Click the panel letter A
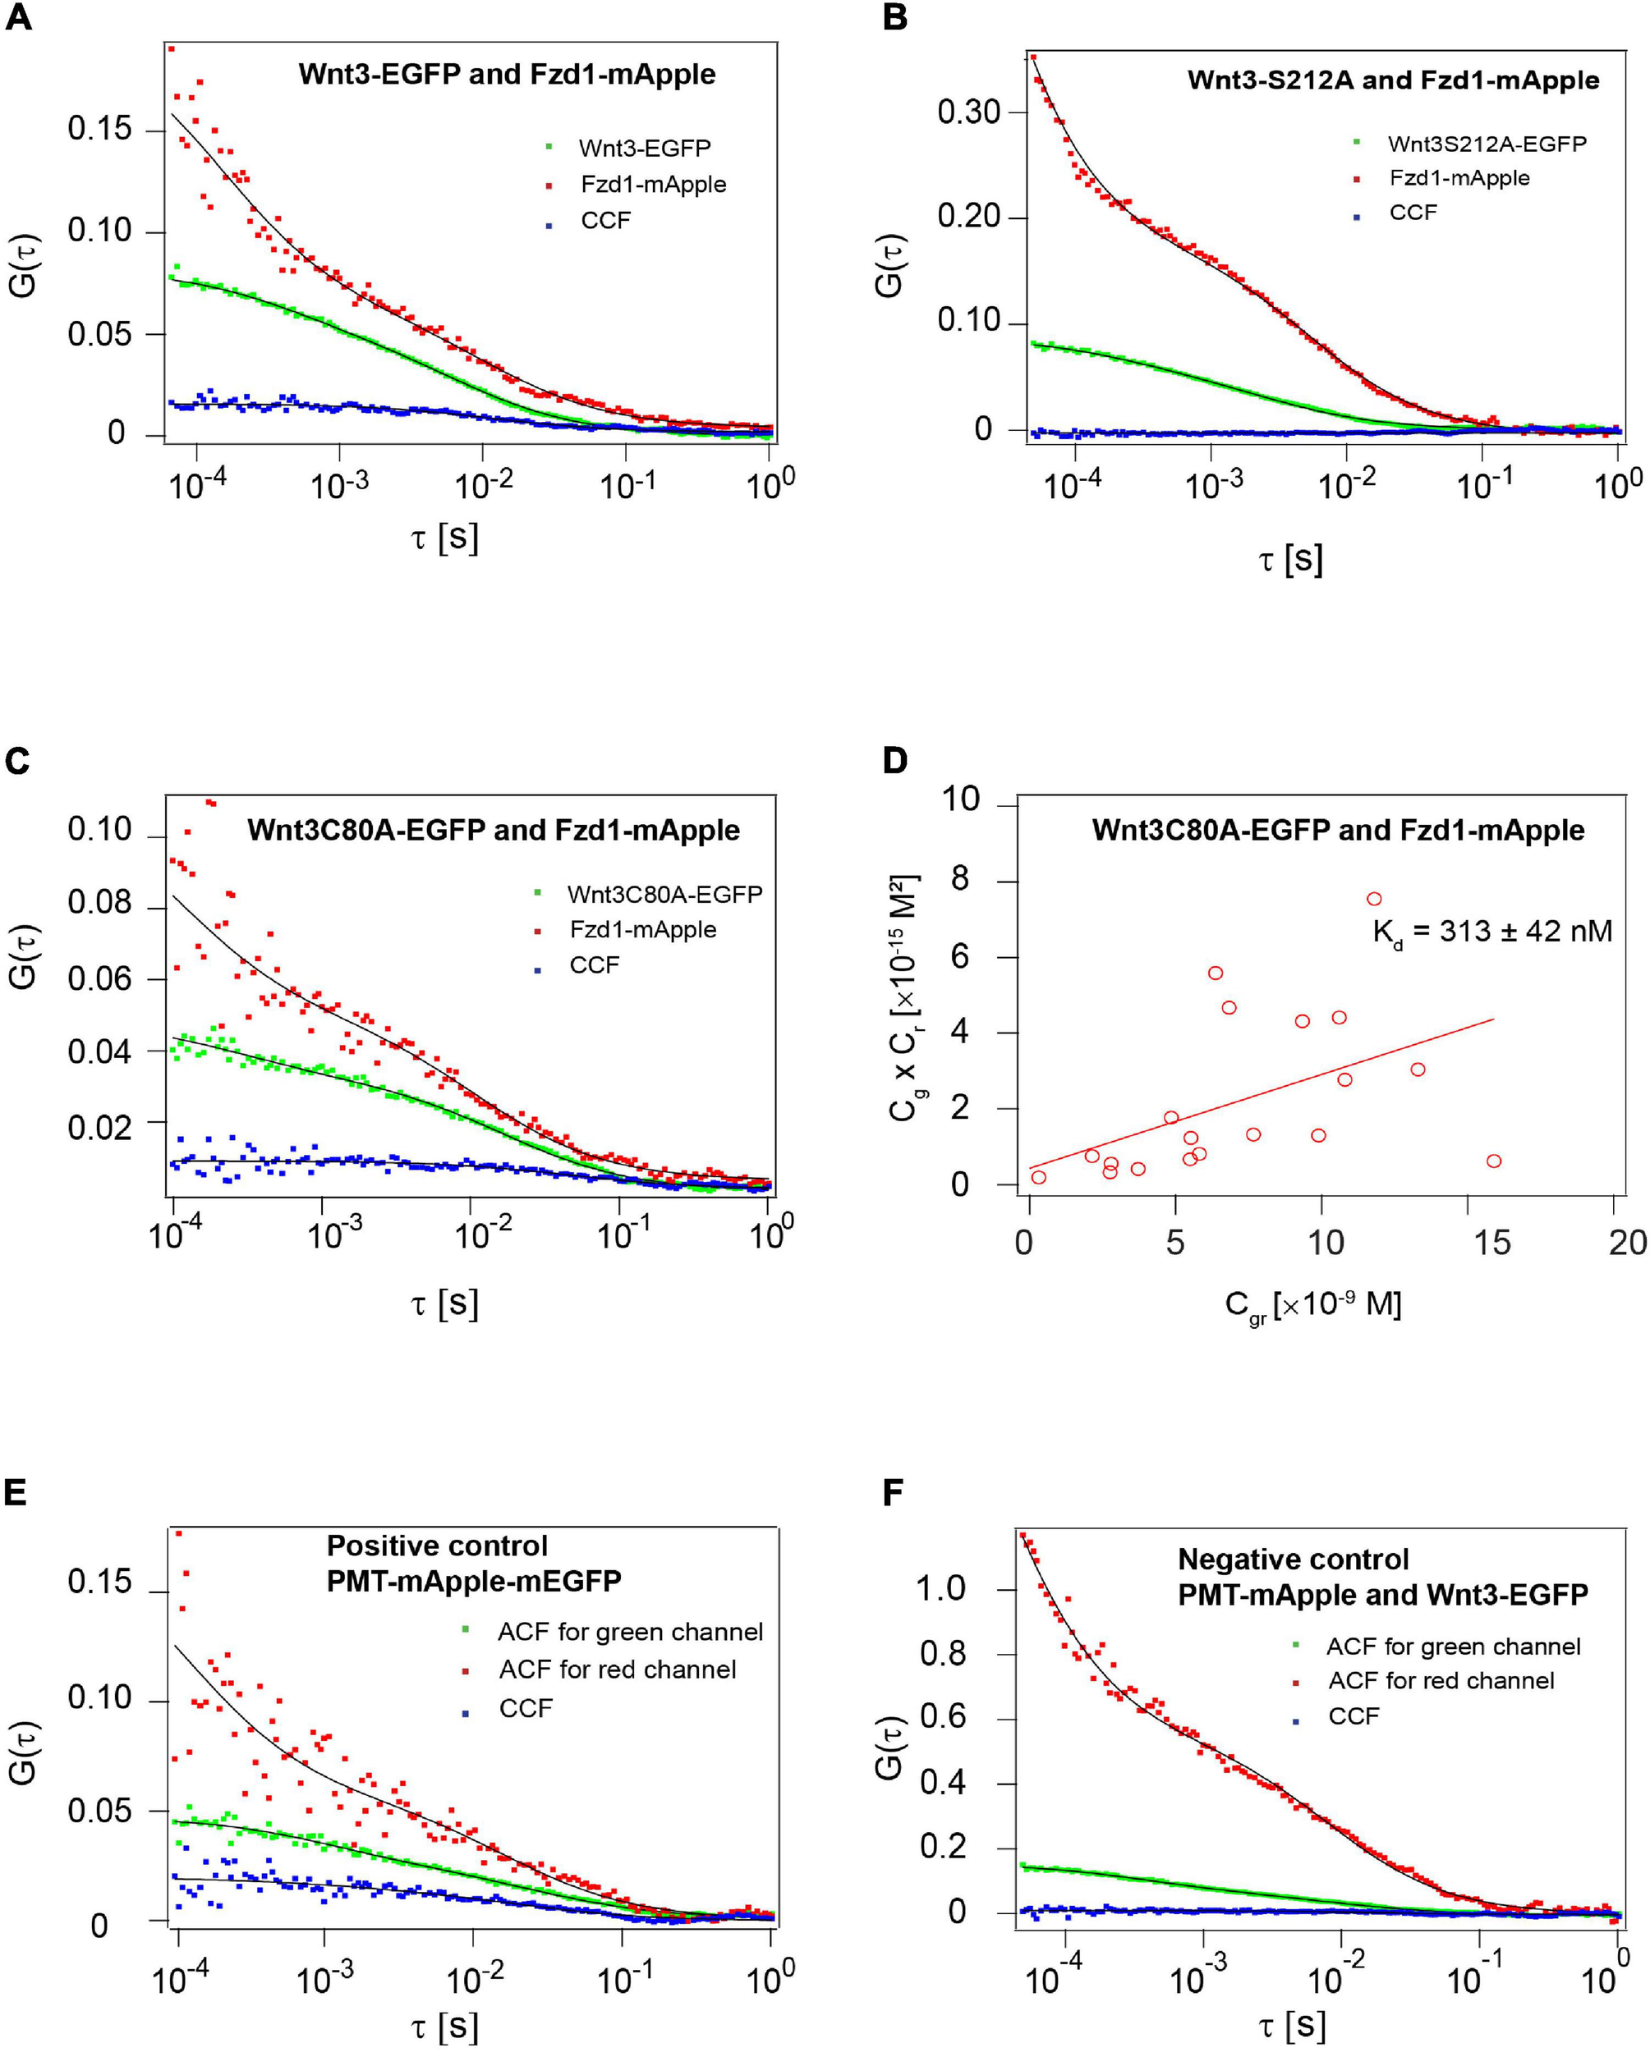[x=18, y=18]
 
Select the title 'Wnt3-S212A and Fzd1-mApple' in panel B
[x=1392, y=80]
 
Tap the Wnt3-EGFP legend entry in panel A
[x=645, y=149]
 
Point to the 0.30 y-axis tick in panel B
[x=968, y=112]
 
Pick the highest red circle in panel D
[x=1374, y=899]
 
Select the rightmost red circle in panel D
[x=1494, y=1161]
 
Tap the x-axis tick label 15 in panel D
[x=1492, y=1242]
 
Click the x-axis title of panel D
[x=1313, y=1305]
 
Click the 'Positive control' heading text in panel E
[x=437, y=1545]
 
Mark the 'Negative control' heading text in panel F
[x=1293, y=1559]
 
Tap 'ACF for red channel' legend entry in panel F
[x=1441, y=1680]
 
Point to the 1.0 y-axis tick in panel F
[x=940, y=1588]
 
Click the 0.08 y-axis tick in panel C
[x=99, y=903]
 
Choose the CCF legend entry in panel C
[x=594, y=965]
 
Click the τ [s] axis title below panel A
[x=444, y=538]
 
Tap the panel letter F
[x=893, y=1492]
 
